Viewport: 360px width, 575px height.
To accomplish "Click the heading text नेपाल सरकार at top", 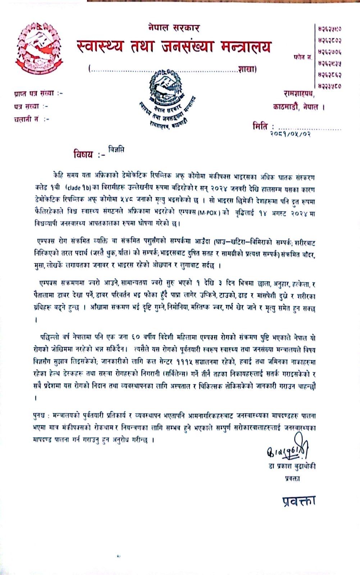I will point(173,28).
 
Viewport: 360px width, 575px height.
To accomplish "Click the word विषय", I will point(83,155).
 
